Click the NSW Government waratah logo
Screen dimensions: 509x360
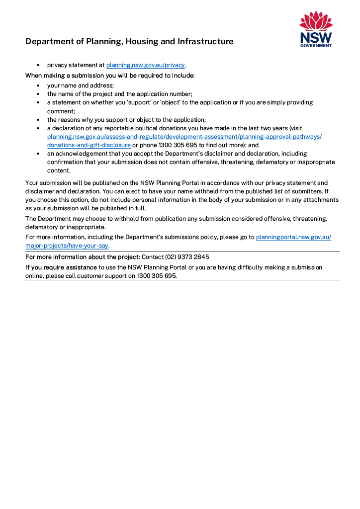pyautogui.click(x=316, y=22)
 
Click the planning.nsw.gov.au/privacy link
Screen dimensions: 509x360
pyautogui.click(x=145, y=65)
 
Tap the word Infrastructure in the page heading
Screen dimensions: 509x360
pyautogui.click(x=205, y=42)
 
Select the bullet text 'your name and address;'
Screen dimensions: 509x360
pyautogui.click(x=81, y=85)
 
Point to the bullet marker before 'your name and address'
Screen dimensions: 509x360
pyautogui.click(x=38, y=85)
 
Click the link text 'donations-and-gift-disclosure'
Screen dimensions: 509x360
pyautogui.click(x=89, y=145)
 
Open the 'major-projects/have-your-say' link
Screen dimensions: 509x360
pyautogui.click(x=67, y=246)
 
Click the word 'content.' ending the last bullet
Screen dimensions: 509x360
pyautogui.click(x=59, y=170)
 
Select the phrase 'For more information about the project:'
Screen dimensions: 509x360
pyautogui.click(x=83, y=257)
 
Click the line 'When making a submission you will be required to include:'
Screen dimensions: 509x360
pyautogui.click(x=110, y=76)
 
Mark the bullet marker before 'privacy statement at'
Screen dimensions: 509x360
pyautogui.click(x=38, y=65)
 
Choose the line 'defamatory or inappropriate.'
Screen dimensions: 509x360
pyautogui.click(x=65, y=227)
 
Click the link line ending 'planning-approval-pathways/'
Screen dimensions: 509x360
pyautogui.click(x=184, y=137)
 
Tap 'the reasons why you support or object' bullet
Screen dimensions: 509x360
pyautogui.click(x=126, y=120)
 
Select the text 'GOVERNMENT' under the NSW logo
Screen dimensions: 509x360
pyautogui.click(x=316, y=45)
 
